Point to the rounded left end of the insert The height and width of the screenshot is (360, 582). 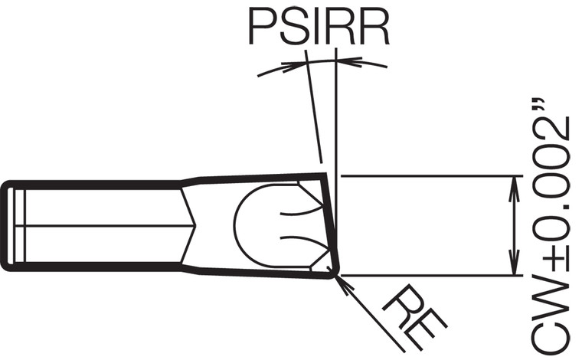click(x=6, y=226)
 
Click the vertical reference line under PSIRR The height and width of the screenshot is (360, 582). click(x=335, y=115)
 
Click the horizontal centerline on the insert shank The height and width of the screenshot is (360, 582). click(x=100, y=226)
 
